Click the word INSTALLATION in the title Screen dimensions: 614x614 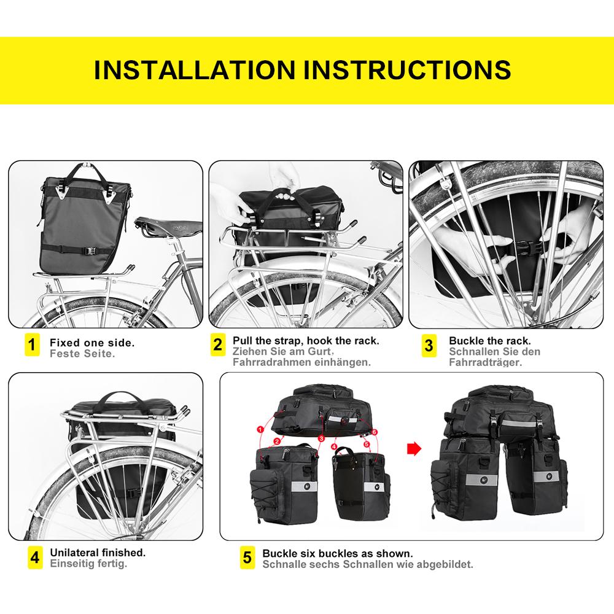coord(196,69)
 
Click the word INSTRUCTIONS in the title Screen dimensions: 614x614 coord(408,69)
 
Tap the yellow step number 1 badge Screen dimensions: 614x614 coord(33,344)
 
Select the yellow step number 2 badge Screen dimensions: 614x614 coord(218,344)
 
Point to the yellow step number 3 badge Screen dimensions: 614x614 coord(429,344)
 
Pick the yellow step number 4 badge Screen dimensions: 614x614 coord(35,558)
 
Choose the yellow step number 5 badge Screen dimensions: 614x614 coord(247,558)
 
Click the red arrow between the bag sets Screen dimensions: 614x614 coord(415,449)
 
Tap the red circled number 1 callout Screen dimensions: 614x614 coord(260,429)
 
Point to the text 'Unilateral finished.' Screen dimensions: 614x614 coord(98,553)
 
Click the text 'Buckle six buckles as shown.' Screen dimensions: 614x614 coord(337,553)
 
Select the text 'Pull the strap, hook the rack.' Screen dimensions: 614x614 coord(306,340)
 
